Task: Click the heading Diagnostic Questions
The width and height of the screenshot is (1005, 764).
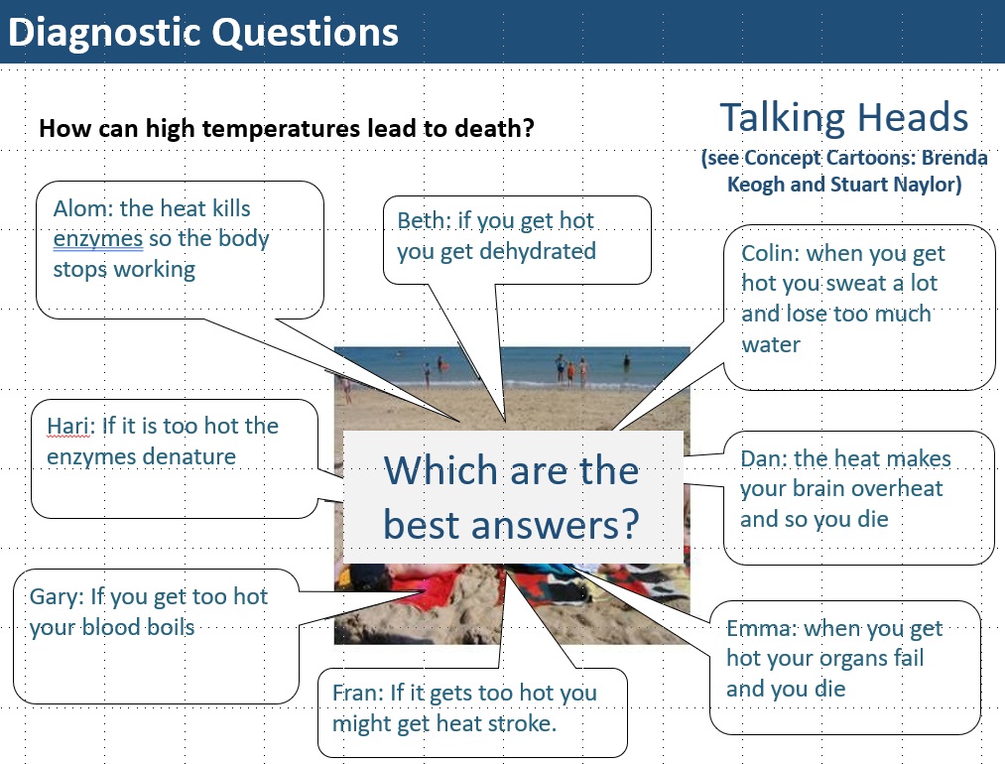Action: tap(203, 32)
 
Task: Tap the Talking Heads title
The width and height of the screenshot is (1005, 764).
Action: tap(843, 117)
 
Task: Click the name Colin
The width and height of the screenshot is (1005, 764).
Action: tap(768, 253)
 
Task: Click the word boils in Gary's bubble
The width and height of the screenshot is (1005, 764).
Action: tap(171, 627)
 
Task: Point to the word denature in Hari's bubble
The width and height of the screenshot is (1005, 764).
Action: tap(190, 457)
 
